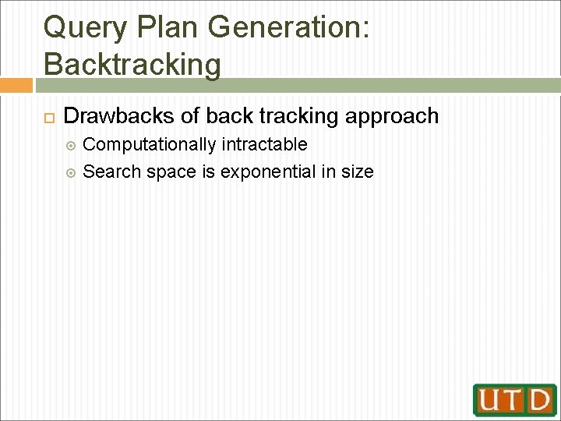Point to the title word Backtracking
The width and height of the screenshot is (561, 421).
tap(132, 62)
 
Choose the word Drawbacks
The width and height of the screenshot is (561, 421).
tap(118, 116)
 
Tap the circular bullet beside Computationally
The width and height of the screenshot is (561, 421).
tap(72, 145)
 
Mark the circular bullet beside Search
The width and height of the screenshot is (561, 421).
tap(72, 172)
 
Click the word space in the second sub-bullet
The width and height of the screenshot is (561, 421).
tap(171, 171)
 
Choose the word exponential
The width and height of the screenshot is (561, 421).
tap(268, 171)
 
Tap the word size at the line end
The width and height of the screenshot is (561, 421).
tap(358, 171)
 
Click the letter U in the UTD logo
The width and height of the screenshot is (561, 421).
tap(492, 400)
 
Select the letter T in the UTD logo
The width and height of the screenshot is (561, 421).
tap(516, 400)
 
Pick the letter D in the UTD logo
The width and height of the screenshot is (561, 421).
tap(539, 400)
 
